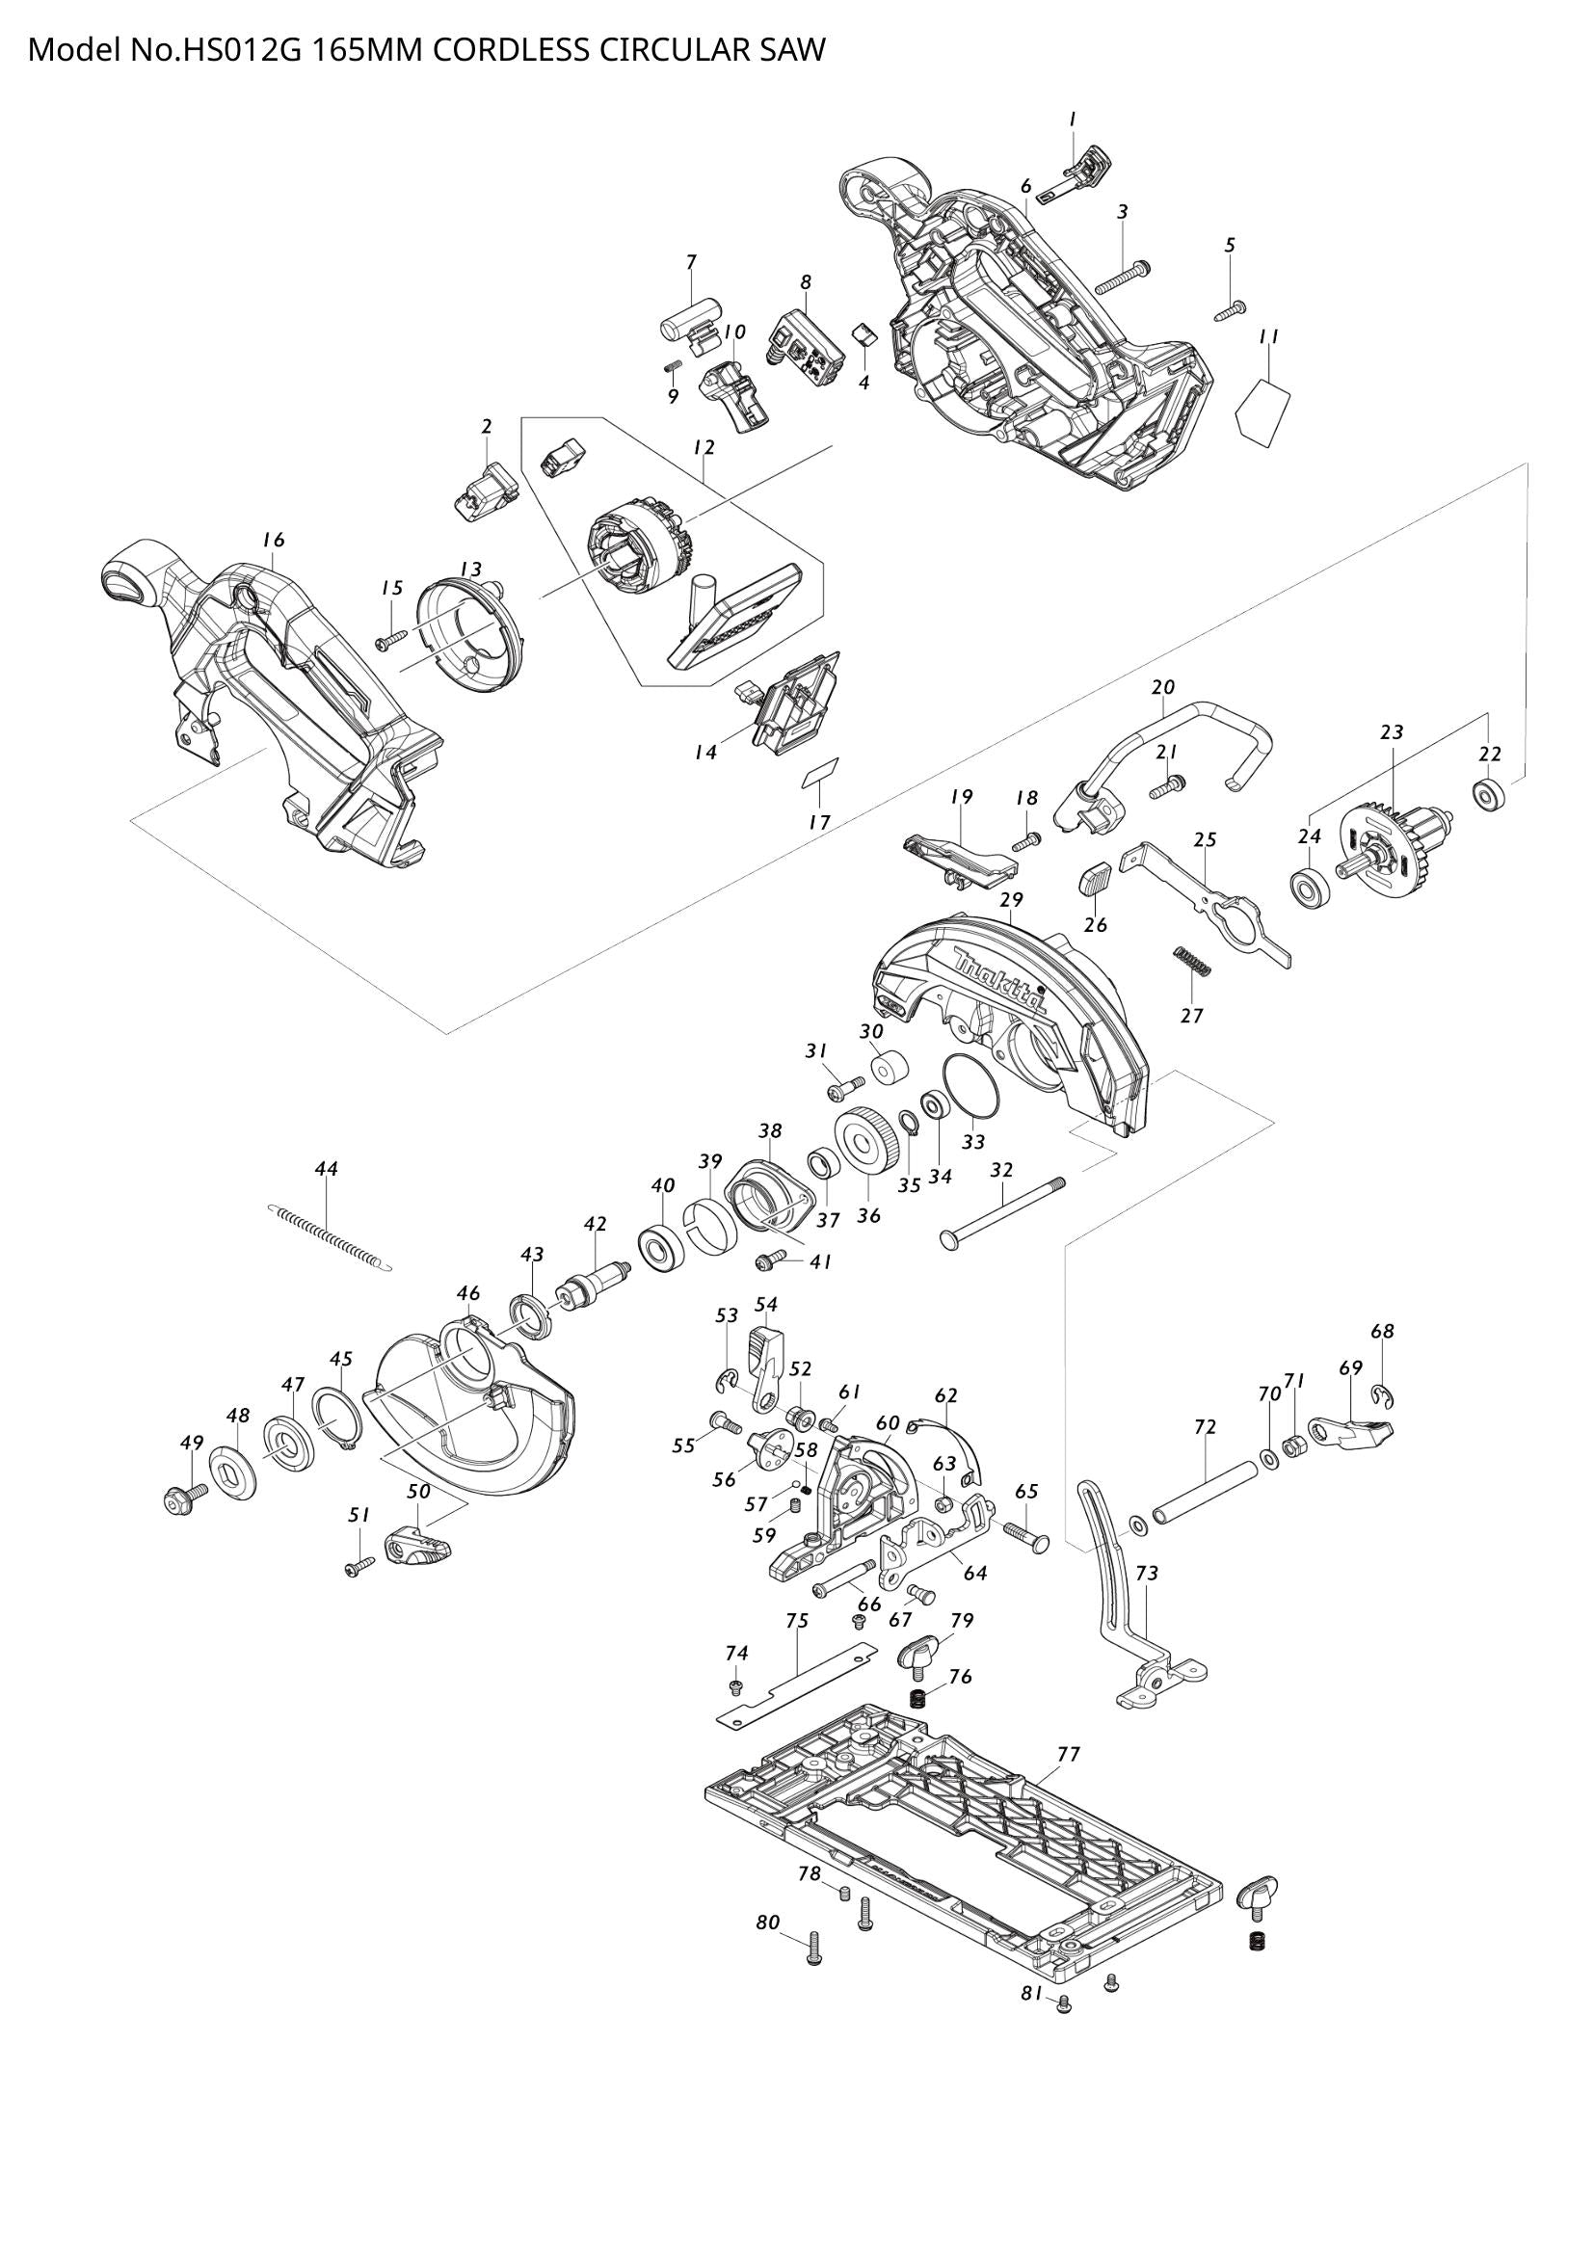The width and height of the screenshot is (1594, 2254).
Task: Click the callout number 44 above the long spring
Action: click(327, 1168)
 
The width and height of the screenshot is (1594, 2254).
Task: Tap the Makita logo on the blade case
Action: click(999, 984)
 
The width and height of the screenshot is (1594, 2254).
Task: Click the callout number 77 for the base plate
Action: click(1069, 1753)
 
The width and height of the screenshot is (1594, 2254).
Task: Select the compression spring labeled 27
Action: click(1193, 961)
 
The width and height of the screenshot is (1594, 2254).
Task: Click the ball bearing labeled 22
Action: click(1491, 794)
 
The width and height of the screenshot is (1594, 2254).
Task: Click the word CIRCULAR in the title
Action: click(677, 49)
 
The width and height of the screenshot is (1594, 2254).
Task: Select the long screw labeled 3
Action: click(1122, 278)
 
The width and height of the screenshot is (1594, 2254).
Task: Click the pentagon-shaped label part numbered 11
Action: click(1262, 410)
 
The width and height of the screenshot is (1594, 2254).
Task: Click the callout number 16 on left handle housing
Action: click(274, 539)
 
